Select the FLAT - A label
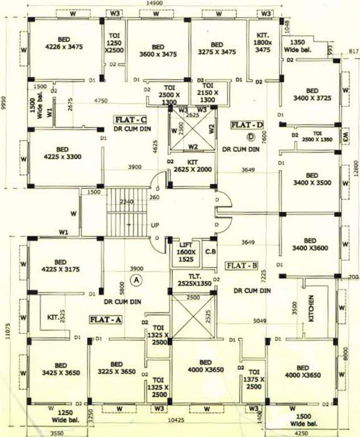(x=106, y=320)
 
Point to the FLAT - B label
(x=241, y=265)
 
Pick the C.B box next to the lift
(x=210, y=251)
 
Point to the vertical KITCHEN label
(x=311, y=308)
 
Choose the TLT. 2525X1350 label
(x=192, y=279)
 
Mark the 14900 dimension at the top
(x=154, y=4)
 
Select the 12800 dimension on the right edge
(x=356, y=170)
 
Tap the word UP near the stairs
(x=155, y=226)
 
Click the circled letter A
(x=135, y=279)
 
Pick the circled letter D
(x=250, y=137)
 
